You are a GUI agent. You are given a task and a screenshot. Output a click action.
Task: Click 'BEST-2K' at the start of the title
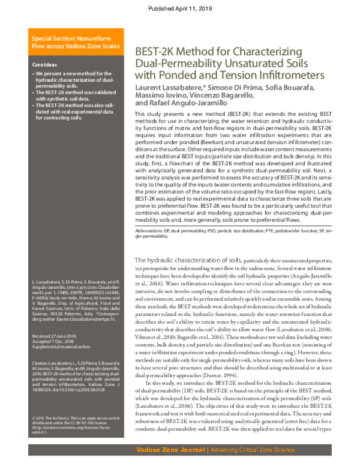point(154,52)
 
